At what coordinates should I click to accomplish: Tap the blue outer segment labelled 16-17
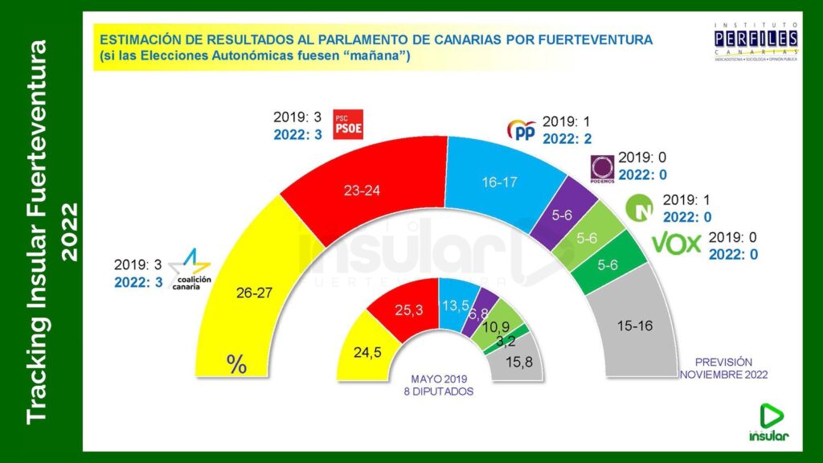click(495, 182)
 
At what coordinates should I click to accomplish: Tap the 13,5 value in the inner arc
click(455, 306)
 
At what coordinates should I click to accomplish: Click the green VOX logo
click(676, 243)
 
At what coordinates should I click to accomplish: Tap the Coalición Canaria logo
click(193, 271)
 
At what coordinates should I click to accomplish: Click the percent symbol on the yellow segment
click(236, 364)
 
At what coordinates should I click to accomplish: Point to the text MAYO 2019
click(437, 379)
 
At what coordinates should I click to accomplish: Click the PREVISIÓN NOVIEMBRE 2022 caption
click(723, 368)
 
